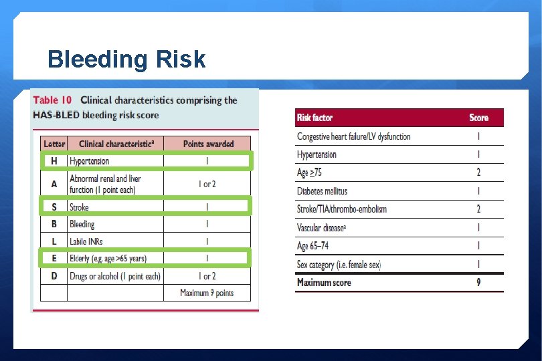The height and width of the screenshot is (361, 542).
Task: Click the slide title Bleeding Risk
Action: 126,60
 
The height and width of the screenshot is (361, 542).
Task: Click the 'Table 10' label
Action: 53,100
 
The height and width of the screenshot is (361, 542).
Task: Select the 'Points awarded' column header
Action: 207,144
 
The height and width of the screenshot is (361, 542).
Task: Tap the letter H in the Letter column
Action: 54,161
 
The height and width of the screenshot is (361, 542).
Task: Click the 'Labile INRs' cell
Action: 86,241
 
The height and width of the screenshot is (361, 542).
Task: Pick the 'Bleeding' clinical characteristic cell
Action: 82,225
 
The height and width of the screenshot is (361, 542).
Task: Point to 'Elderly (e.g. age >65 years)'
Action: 108,258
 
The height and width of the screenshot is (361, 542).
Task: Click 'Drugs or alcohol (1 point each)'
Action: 115,276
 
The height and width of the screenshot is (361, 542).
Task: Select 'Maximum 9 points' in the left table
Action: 207,293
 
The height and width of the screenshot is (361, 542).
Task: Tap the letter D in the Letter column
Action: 54,276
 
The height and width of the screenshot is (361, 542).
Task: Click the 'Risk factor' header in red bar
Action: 314,118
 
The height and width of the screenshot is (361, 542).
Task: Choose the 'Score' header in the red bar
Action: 478,118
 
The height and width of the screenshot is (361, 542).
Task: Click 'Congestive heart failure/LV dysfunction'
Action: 354,136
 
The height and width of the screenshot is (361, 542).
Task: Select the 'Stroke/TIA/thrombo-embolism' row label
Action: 342,209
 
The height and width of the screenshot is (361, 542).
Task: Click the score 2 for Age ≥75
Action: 478,172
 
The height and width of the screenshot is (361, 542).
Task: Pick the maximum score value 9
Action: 478,283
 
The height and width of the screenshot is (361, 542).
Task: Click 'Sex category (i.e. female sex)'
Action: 339,265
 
